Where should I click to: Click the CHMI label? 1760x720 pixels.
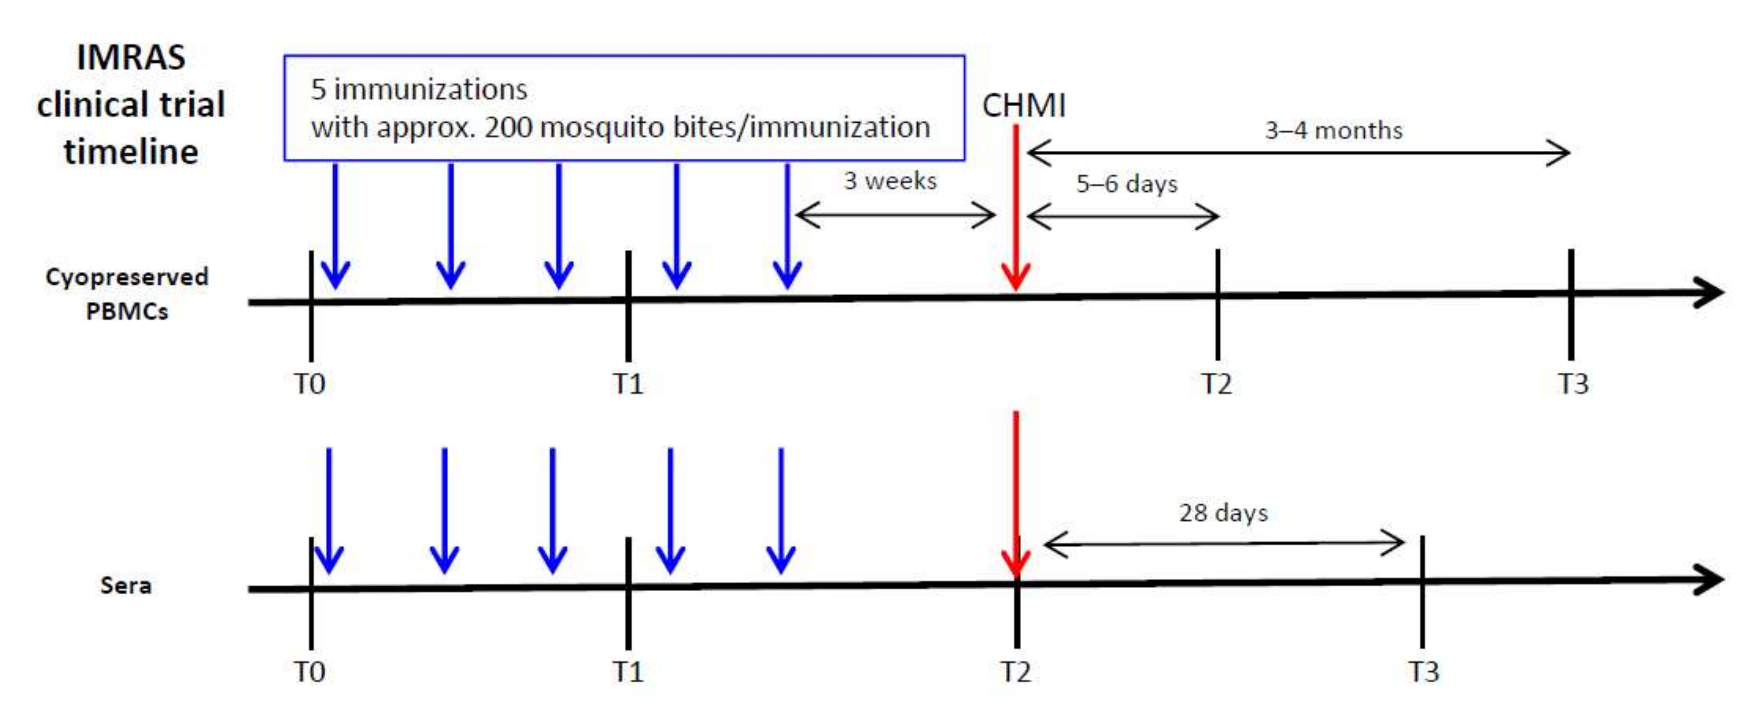coord(1023,106)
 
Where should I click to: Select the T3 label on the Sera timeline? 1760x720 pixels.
coord(1424,672)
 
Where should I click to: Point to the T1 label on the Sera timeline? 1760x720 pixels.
coord(628,672)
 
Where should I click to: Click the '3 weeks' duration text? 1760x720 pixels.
coord(890,181)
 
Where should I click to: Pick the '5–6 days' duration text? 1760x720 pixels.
coord(1127,183)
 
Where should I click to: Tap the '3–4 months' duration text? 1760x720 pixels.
coord(1333,130)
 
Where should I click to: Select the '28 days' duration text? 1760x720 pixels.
coord(1223,512)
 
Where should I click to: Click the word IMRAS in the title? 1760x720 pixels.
coord(131,57)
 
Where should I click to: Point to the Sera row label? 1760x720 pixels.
coord(126,585)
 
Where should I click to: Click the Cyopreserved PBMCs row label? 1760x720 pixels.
coord(127,293)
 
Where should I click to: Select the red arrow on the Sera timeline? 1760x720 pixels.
coord(1016,492)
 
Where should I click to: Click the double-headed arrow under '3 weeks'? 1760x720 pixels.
coord(895,216)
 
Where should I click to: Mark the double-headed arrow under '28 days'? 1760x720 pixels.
coord(1223,544)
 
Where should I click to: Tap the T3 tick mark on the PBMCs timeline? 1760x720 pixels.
coord(1571,305)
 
